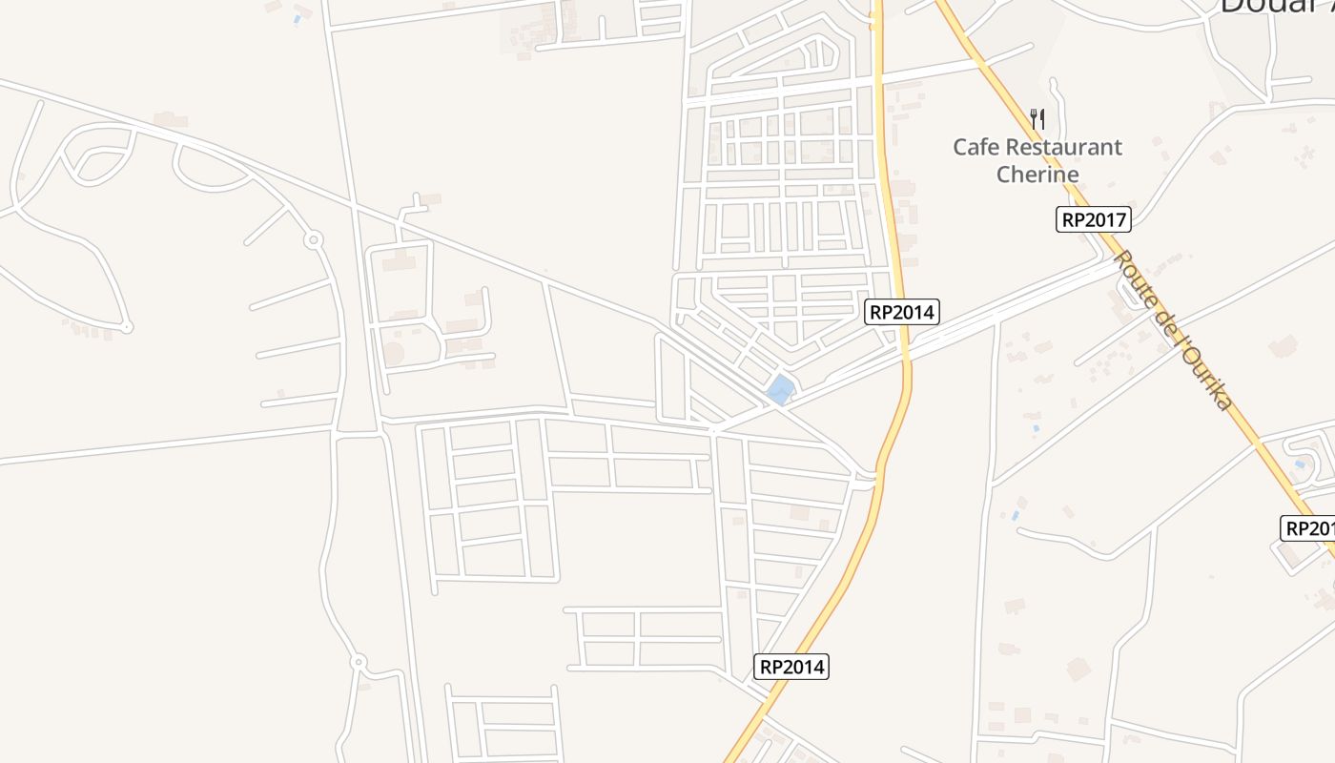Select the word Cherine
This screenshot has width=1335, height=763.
[1037, 175]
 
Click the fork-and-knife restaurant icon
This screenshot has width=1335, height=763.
[1037, 119]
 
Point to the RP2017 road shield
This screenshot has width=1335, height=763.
[1094, 220]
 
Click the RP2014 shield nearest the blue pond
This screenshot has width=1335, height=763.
[902, 312]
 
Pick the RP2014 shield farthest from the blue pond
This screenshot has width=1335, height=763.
[792, 667]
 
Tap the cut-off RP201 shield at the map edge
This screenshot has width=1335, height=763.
[1308, 528]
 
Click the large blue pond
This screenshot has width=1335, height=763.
[781, 389]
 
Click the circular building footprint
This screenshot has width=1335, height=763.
[392, 354]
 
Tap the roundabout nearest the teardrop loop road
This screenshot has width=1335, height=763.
[312, 240]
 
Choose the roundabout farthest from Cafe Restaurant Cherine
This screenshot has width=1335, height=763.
[359, 661]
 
